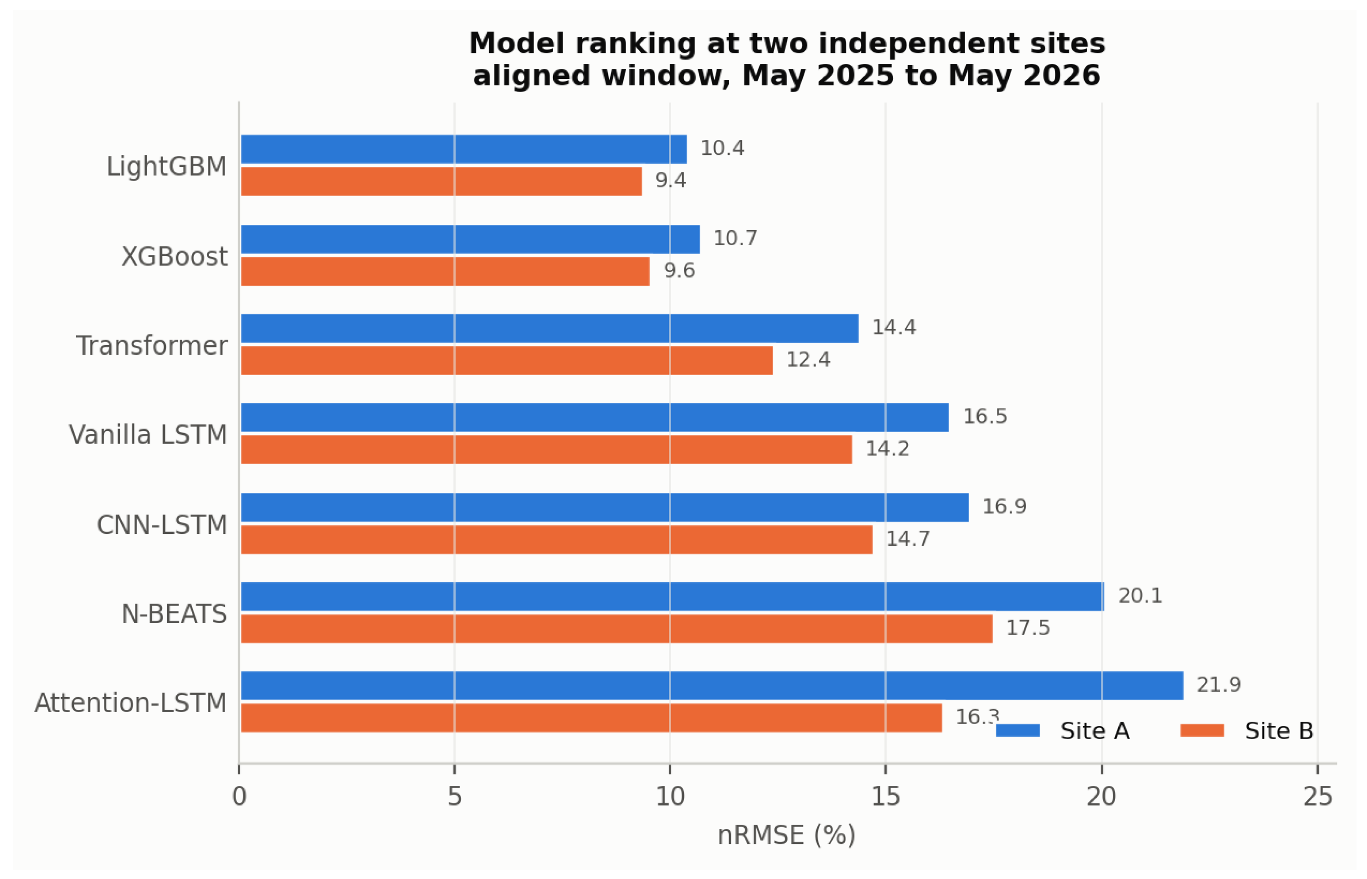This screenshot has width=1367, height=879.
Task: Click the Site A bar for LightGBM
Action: [464, 149]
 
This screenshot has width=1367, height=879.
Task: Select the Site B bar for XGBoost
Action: [445, 271]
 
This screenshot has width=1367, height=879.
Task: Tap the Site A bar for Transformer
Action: [549, 328]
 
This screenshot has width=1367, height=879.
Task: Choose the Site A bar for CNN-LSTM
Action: [605, 507]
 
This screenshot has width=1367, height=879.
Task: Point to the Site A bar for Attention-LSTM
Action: [712, 686]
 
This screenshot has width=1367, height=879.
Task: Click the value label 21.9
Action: [1219, 685]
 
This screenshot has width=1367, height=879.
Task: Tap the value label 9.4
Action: [671, 181]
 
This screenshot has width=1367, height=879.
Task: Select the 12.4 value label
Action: [808, 360]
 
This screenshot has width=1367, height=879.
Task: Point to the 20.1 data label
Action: [1140, 596]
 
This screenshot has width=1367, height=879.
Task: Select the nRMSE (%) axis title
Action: [786, 836]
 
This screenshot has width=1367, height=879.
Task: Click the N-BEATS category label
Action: [175, 615]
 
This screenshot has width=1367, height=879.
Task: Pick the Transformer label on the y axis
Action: [152, 346]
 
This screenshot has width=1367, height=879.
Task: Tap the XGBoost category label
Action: [175, 257]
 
